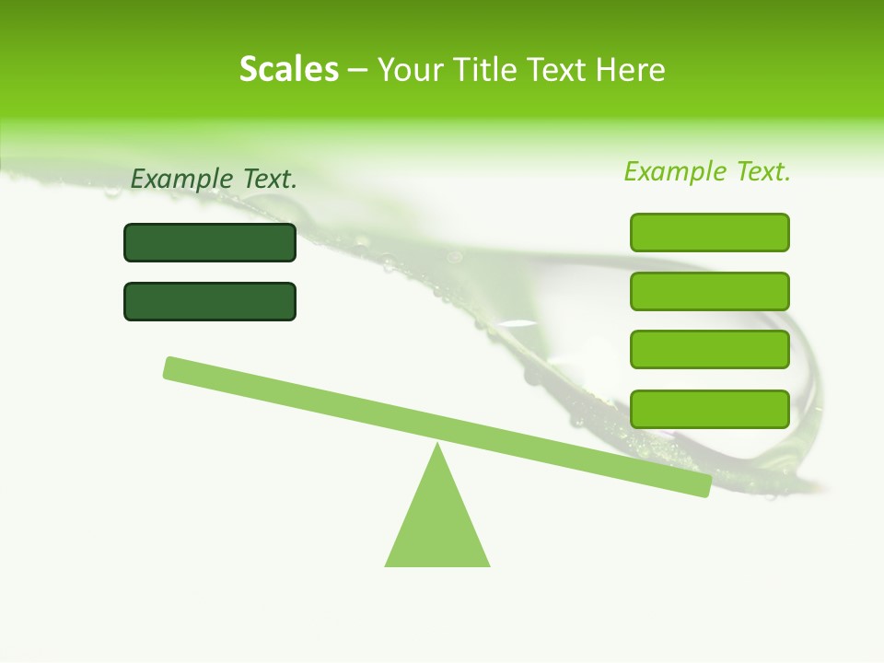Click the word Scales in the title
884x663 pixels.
pos(288,69)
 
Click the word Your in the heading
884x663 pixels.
pos(412,70)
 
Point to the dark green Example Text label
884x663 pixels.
pos(214,180)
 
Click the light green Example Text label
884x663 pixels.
pos(707,171)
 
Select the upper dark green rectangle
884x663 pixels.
pos(210,242)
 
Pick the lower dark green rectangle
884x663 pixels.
pos(210,301)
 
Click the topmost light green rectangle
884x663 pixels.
pos(710,232)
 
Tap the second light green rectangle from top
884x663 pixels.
pos(710,291)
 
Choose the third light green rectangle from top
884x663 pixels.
pos(710,349)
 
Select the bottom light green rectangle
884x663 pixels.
pos(710,409)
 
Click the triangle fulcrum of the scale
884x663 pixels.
pos(437,520)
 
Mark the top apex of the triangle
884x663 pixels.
pos(437,446)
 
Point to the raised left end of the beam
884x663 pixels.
pos(171,367)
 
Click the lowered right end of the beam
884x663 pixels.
pos(704,486)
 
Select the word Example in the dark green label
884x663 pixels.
pos(181,180)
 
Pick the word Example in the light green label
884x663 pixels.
pos(675,171)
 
